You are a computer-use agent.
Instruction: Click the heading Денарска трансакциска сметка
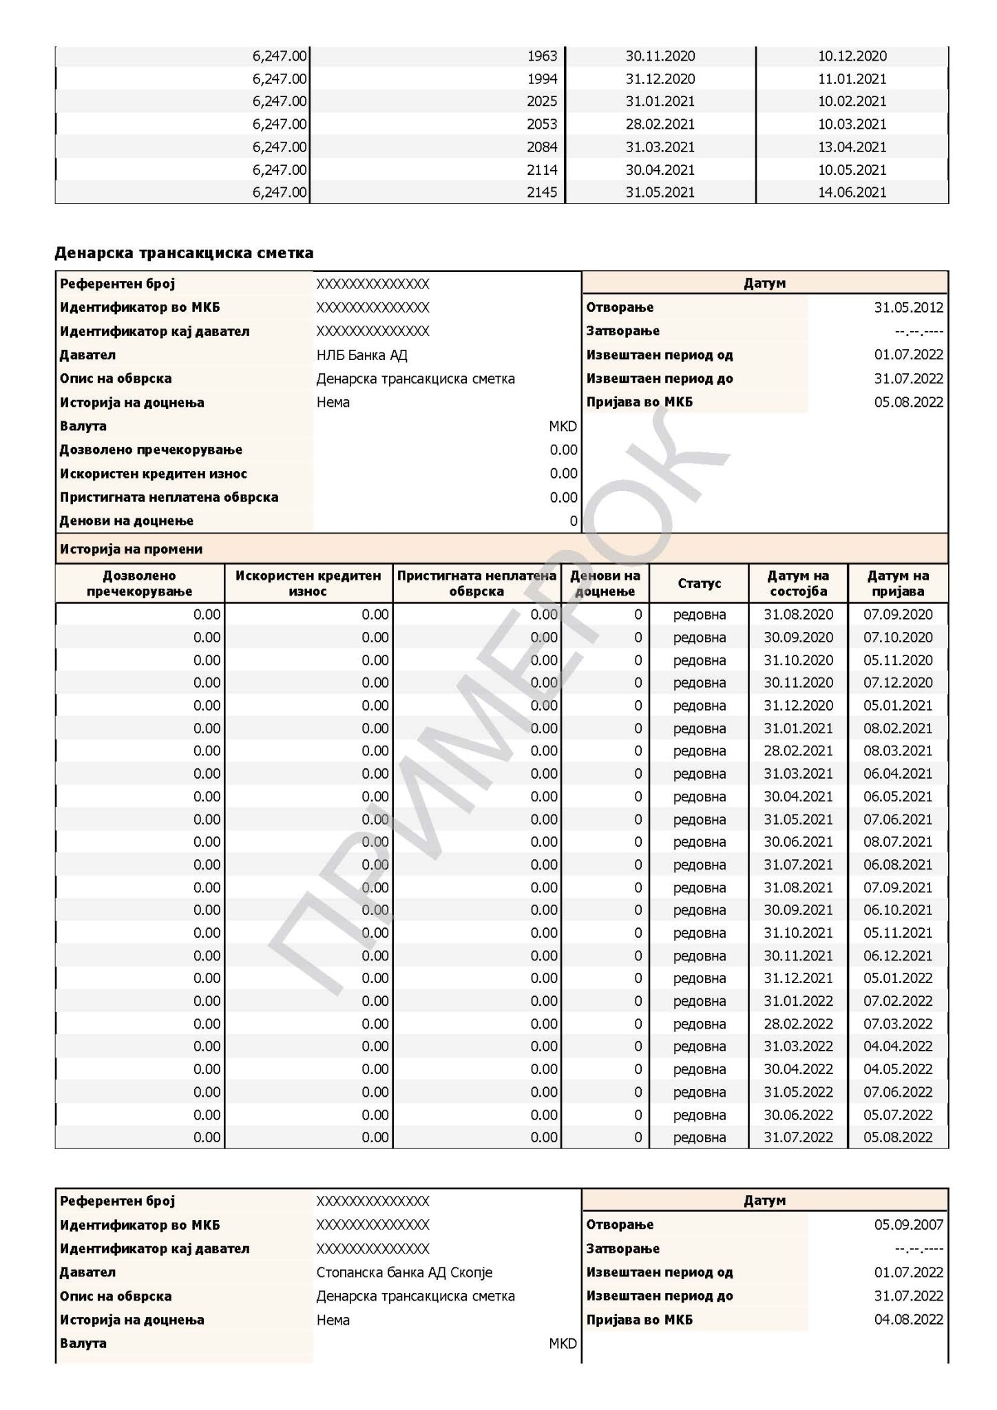pyautogui.click(x=184, y=253)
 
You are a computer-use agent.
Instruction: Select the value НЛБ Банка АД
pyautogui.click(x=361, y=355)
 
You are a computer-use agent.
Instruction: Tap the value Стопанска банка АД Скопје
pyautogui.click(x=404, y=1272)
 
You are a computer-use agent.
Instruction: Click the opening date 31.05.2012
pyautogui.click(x=908, y=308)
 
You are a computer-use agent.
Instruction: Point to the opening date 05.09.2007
pyautogui.click(x=908, y=1225)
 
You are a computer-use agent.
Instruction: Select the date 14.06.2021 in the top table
pyautogui.click(x=852, y=193)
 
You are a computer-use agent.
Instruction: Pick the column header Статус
pyautogui.click(x=699, y=584)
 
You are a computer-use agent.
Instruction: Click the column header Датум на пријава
pyautogui.click(x=898, y=584)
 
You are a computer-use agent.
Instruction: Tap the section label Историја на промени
pyautogui.click(x=131, y=549)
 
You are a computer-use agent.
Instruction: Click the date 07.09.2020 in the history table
pyautogui.click(x=898, y=615)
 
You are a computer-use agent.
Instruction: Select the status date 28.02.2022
pyautogui.click(x=798, y=1024)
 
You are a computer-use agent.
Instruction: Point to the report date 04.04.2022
pyautogui.click(x=898, y=1046)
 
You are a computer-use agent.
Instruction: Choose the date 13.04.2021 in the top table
pyautogui.click(x=852, y=147)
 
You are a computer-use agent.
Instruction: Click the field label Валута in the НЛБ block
pyautogui.click(x=83, y=426)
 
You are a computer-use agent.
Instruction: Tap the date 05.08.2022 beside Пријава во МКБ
pyautogui.click(x=908, y=403)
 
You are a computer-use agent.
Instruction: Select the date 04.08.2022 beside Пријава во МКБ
pyautogui.click(x=908, y=1320)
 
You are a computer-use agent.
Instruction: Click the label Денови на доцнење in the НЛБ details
pyautogui.click(x=126, y=521)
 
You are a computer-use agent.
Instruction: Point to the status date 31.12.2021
pyautogui.click(x=798, y=978)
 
